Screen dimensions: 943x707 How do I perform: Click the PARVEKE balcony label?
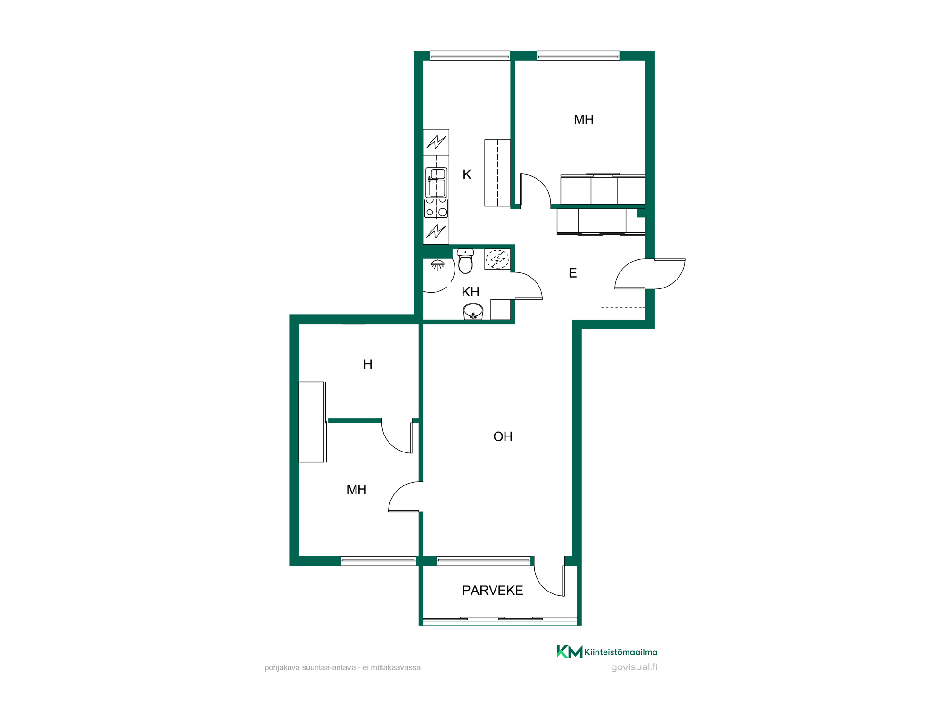coord(492,591)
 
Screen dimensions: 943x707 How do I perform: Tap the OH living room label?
coord(503,436)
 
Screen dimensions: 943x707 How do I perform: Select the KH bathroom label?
coord(470,292)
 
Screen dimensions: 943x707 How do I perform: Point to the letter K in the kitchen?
coord(467,174)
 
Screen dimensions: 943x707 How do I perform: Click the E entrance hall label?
coord(572,273)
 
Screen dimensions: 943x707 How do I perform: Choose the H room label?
coord(368,364)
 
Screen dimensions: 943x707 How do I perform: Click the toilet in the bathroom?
coord(465,261)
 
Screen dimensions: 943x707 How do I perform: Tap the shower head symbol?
coord(438,264)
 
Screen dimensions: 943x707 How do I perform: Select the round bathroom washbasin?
coord(473,312)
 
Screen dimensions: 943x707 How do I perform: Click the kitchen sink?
coord(436,183)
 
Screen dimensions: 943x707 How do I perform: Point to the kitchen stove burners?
coord(436,208)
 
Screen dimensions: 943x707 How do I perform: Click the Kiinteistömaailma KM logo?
coord(607,651)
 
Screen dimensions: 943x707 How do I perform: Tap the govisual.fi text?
coord(634,667)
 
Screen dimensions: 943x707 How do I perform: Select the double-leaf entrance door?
coord(650,274)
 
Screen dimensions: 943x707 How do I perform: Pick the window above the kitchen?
coord(470,56)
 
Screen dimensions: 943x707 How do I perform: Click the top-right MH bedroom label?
coord(583,120)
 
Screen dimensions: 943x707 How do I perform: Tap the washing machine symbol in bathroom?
coord(497,259)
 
